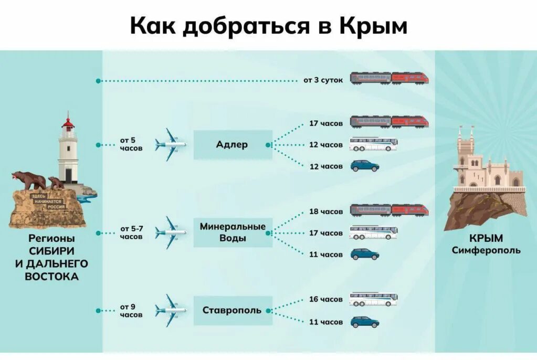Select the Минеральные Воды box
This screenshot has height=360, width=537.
(x=233, y=232)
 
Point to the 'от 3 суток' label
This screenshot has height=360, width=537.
(x=323, y=80)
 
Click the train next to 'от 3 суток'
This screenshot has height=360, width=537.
(x=389, y=78)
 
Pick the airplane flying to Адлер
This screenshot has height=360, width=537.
(x=171, y=144)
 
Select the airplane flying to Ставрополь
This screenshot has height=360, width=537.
(x=171, y=310)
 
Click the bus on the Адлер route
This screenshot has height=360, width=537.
(x=373, y=144)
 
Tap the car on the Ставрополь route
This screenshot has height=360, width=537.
(x=364, y=322)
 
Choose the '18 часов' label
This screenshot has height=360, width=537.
(x=325, y=211)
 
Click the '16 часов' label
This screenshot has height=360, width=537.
(x=325, y=299)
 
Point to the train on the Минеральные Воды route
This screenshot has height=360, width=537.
(x=389, y=210)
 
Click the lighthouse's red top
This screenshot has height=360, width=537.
(x=68, y=123)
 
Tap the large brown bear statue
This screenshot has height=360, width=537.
(x=29, y=180)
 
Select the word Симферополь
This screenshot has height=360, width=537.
(x=486, y=250)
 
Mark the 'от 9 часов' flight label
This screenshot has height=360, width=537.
(x=131, y=311)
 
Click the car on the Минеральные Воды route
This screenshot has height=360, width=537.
(x=364, y=255)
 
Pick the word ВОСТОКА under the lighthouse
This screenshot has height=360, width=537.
(x=51, y=277)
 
